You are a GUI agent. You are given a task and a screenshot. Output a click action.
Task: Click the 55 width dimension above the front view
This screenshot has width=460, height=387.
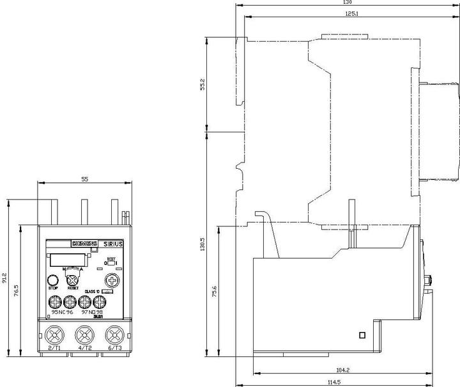(x=85, y=180)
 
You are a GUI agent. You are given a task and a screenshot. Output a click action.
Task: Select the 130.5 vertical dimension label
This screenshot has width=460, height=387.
(x=203, y=246)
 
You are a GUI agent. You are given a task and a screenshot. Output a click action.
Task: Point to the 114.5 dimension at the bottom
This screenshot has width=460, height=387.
(x=348, y=382)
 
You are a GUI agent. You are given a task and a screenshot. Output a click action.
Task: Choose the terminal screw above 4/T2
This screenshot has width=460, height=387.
(x=84, y=334)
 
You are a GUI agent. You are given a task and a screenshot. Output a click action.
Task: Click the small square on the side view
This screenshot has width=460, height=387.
(x=362, y=335)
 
